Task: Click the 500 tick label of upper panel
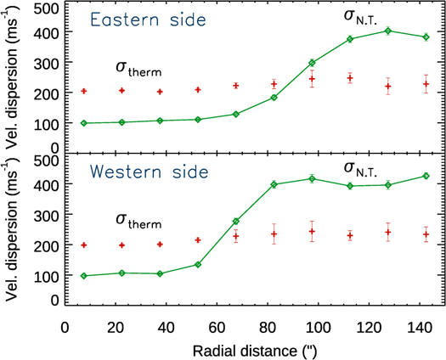tap(44, 8)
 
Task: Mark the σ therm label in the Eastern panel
tap(138, 67)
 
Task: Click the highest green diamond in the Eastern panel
tap(388, 31)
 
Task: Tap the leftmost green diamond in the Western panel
tap(83, 276)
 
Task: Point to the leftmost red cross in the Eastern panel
tap(83, 91)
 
